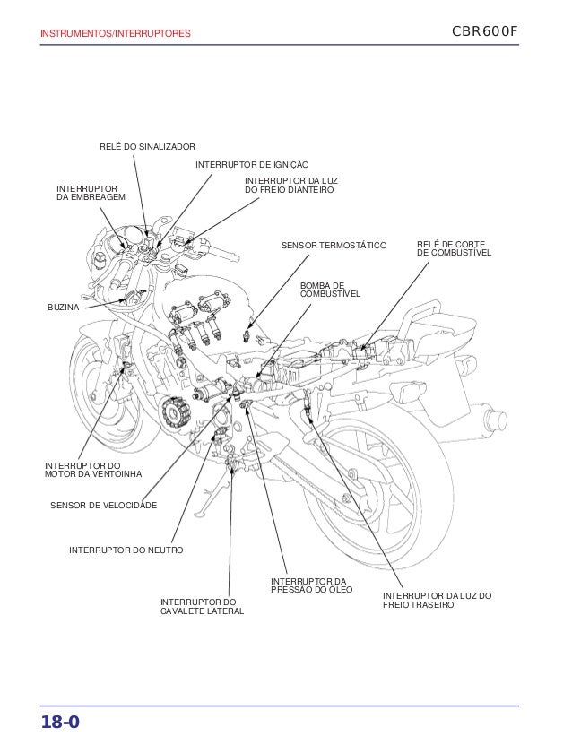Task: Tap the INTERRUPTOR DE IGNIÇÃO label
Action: coord(251,165)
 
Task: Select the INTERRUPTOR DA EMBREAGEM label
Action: coord(91,192)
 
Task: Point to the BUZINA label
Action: coord(63,308)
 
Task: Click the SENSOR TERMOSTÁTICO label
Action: coord(334,244)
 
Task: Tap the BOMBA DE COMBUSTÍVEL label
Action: coord(329,289)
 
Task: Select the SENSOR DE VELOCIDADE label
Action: coord(103,507)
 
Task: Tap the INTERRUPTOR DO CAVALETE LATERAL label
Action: coord(201,606)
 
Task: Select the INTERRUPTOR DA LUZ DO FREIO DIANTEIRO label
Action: coord(289,186)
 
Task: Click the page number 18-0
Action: coord(59,722)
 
